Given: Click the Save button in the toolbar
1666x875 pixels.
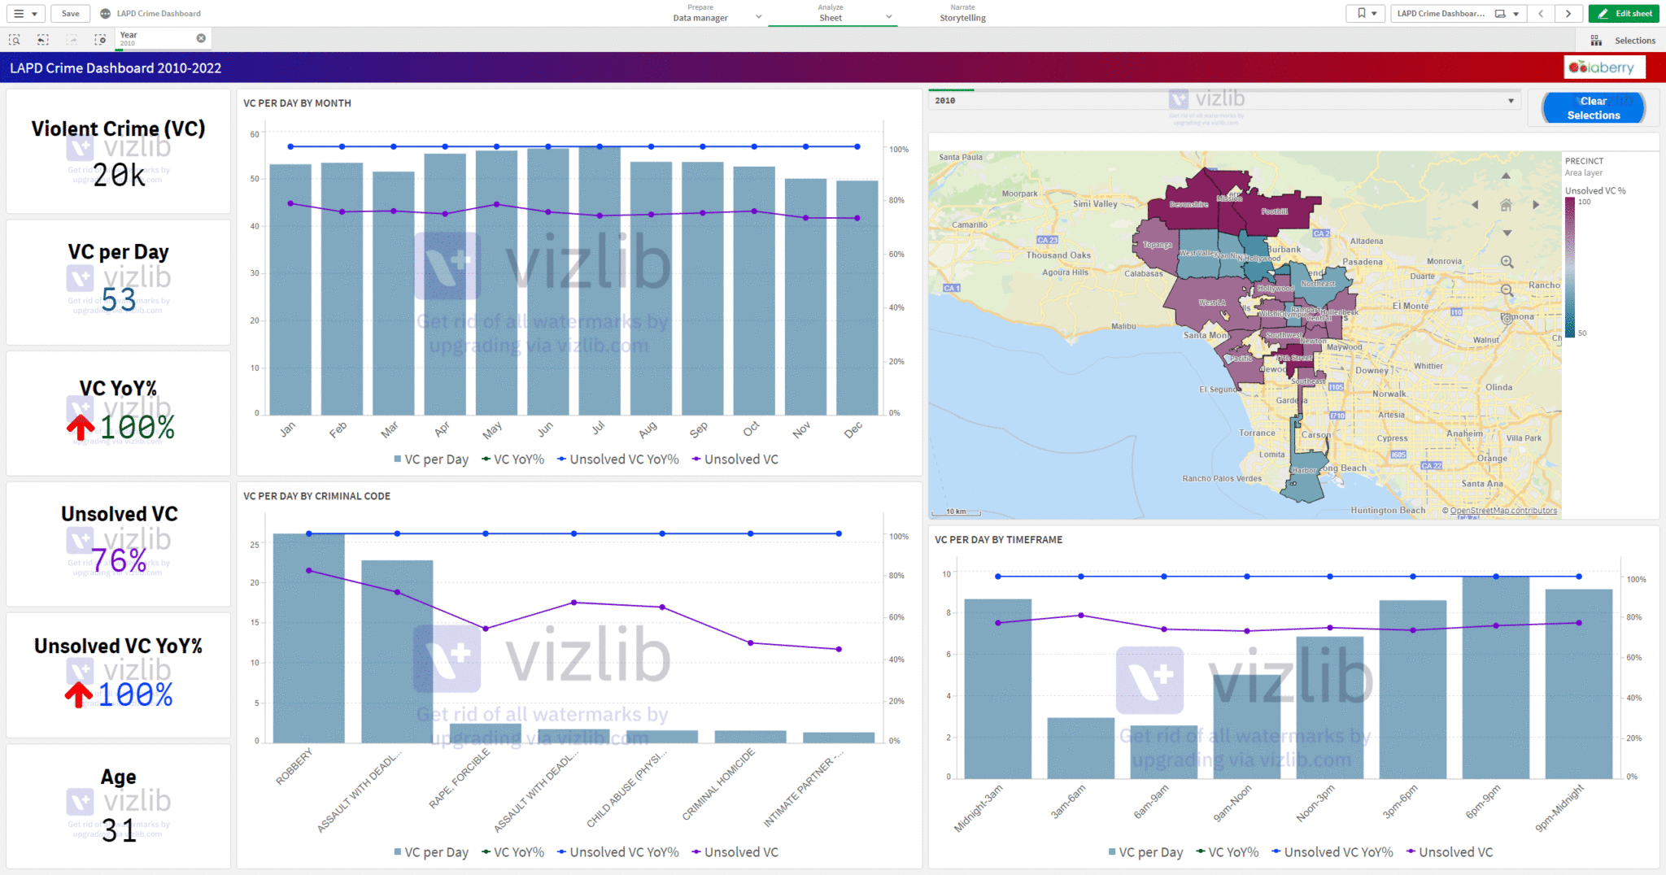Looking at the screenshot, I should (x=70, y=14).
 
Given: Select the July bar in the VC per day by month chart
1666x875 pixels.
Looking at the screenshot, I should (x=600, y=281).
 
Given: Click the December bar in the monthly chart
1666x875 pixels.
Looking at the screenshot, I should (x=857, y=297).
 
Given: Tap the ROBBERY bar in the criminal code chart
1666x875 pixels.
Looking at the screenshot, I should (x=308, y=638).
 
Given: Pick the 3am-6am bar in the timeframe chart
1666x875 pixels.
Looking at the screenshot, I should (x=1080, y=747).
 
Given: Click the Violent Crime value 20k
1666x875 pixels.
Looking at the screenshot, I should (x=119, y=175).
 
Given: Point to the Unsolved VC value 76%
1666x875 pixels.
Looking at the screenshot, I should (x=119, y=560).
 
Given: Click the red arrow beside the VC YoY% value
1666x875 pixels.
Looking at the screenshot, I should (x=81, y=427).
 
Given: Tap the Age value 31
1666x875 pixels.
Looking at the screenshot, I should (x=119, y=830).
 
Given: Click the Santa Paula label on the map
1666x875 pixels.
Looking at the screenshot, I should (x=961, y=157).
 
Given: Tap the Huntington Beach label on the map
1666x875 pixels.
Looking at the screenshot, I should (x=1388, y=511).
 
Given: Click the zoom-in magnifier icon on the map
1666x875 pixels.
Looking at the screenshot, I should (x=1507, y=262).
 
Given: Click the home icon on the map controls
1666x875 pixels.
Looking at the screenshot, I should (x=1506, y=205).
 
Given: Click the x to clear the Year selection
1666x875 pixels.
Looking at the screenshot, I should (x=201, y=38).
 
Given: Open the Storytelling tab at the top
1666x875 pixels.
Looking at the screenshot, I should (x=962, y=14).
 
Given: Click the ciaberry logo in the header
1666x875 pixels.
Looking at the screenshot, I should (x=1604, y=67).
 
